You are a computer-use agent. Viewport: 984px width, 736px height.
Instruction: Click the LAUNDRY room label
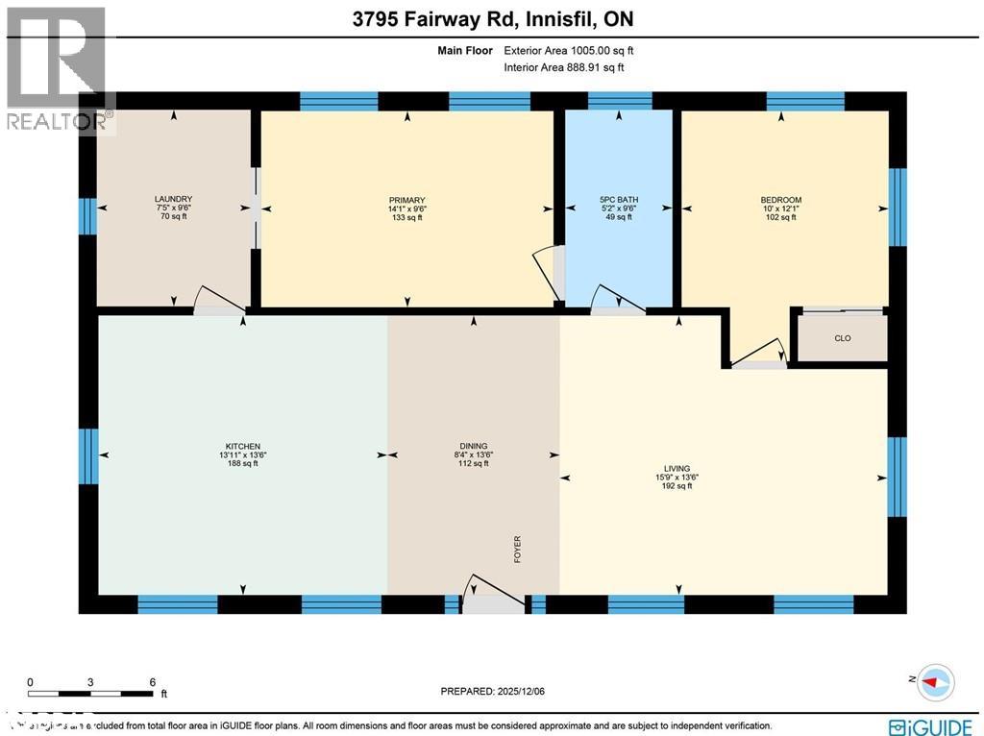pos(174,200)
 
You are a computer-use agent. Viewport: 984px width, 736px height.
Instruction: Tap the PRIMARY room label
pos(406,200)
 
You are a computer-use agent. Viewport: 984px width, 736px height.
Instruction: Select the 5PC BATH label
pos(618,200)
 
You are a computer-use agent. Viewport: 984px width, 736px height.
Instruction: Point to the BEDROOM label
pos(780,200)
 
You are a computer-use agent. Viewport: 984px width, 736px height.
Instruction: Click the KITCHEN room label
pos(243,447)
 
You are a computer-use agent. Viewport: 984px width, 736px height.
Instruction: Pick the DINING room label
pos(473,447)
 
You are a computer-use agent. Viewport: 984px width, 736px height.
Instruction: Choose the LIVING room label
pos(677,469)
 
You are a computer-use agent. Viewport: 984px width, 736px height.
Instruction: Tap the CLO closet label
pos(842,339)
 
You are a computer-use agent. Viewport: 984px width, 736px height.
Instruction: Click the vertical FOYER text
pos(518,550)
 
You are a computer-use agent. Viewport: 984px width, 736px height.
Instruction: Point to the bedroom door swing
pos(760,353)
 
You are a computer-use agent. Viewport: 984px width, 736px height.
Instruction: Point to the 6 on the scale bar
pos(153,682)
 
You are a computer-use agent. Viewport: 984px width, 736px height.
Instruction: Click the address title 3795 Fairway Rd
pos(491,19)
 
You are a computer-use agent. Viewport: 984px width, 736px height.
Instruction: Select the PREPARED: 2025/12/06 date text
pos(492,691)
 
